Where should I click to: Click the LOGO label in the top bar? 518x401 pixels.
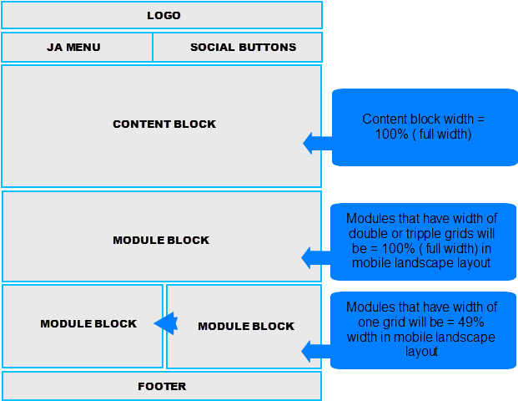[163, 16]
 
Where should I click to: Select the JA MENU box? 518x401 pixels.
[73, 48]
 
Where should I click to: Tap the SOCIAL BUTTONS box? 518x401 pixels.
[243, 48]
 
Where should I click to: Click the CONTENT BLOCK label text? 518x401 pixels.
[164, 124]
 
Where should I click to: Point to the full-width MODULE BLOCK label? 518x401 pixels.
[161, 241]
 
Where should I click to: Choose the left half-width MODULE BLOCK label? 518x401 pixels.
[88, 324]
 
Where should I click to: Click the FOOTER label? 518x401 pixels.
[162, 387]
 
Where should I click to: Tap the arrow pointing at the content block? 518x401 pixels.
[316, 144]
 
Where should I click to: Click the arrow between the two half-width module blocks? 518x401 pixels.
[167, 322]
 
